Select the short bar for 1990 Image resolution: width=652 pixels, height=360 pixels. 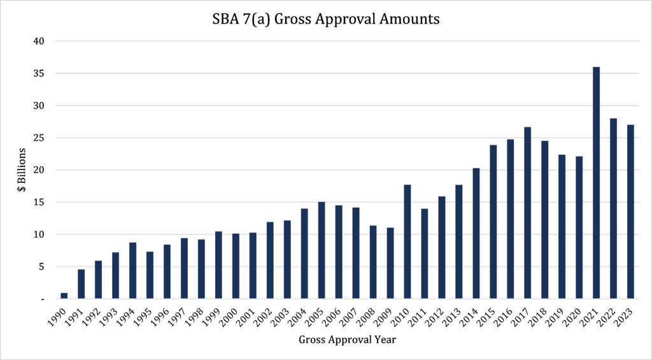pyautogui.click(x=64, y=295)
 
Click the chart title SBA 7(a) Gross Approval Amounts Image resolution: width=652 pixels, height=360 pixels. pyautogui.click(x=325, y=19)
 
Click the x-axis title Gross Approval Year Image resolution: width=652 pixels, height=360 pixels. pyautogui.click(x=347, y=340)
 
